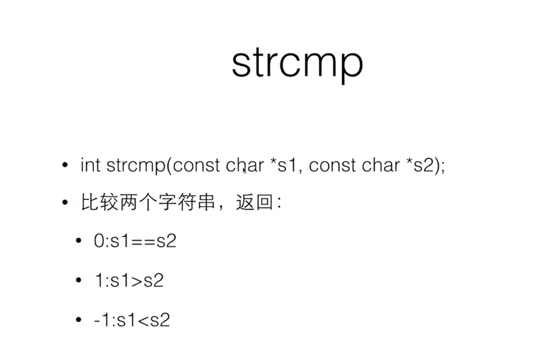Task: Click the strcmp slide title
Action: [297, 64]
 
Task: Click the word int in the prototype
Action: [90, 165]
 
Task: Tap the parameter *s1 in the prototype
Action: [282, 165]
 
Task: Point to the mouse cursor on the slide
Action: [245, 170]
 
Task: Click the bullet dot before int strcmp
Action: [65, 166]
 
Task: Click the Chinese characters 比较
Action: [96, 203]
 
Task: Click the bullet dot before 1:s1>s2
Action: [78, 281]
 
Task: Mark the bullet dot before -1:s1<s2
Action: [78, 320]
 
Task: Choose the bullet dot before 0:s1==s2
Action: [78, 242]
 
